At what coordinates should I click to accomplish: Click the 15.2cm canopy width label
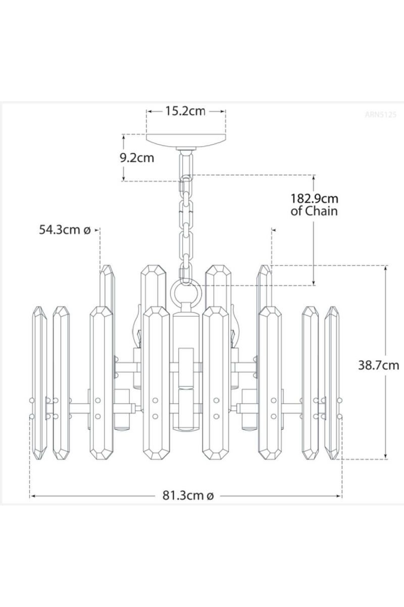tap(185, 111)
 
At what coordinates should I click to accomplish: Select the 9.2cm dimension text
tap(137, 157)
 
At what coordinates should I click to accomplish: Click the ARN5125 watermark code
tap(381, 114)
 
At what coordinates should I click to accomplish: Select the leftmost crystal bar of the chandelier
tap(40, 382)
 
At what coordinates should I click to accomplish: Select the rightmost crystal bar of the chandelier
tap(332, 382)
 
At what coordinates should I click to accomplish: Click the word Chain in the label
tap(321, 211)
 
